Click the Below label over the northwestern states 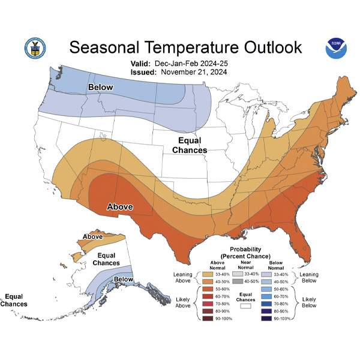click(101, 88)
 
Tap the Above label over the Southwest click(119, 208)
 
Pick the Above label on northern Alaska click(92, 236)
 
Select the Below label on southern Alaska click(123, 279)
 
